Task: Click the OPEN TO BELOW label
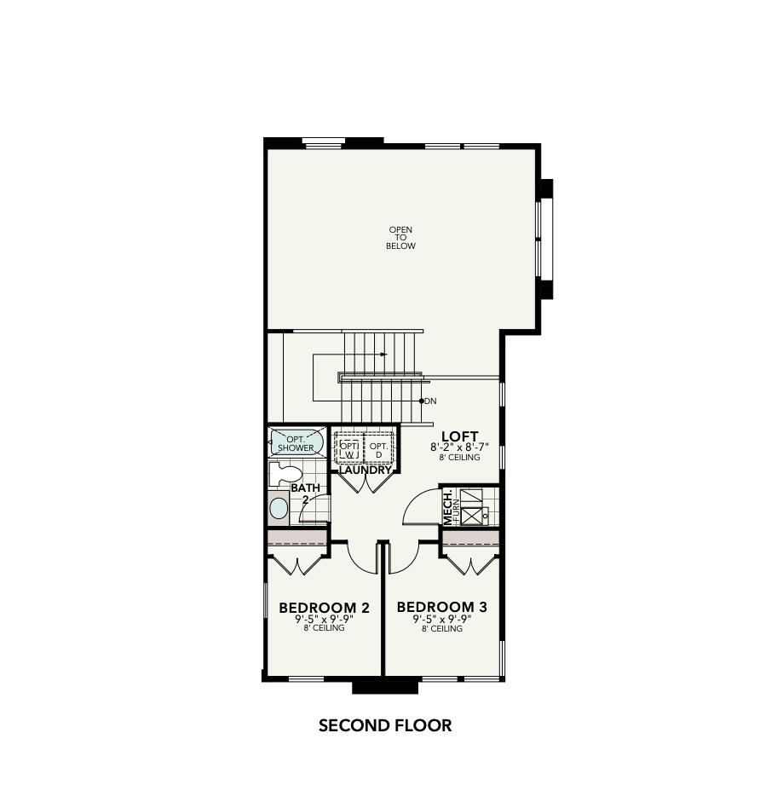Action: [400, 238]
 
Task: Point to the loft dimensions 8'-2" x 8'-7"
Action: [459, 447]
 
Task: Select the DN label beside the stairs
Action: [429, 401]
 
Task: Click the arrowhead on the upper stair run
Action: [384, 354]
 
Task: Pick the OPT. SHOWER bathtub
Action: [296, 442]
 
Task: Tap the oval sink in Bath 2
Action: [279, 509]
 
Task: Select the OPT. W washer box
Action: [349, 448]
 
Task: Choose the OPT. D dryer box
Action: [378, 448]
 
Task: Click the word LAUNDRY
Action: [366, 470]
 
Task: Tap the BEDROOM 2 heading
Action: [324, 608]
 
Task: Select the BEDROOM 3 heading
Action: [441, 608]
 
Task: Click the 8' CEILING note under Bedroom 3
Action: [441, 629]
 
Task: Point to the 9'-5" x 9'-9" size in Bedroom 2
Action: [324, 619]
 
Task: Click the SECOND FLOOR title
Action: [384, 726]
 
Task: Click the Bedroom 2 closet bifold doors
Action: [297, 564]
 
